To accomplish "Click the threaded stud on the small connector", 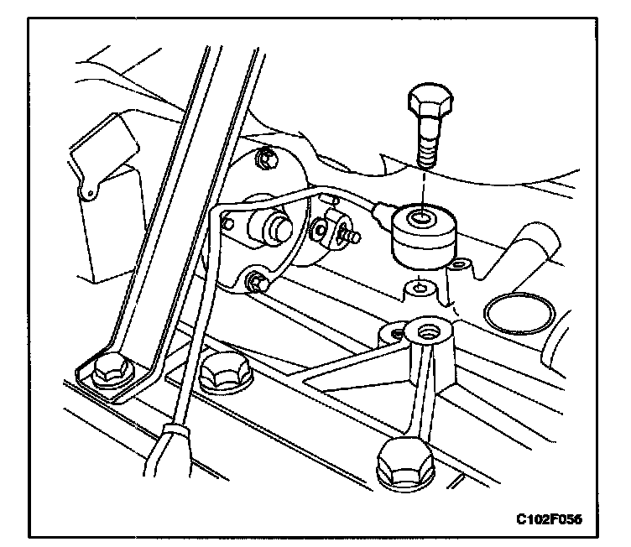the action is pyautogui.click(x=351, y=237).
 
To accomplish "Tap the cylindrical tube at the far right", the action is pyautogui.click(x=537, y=247).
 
